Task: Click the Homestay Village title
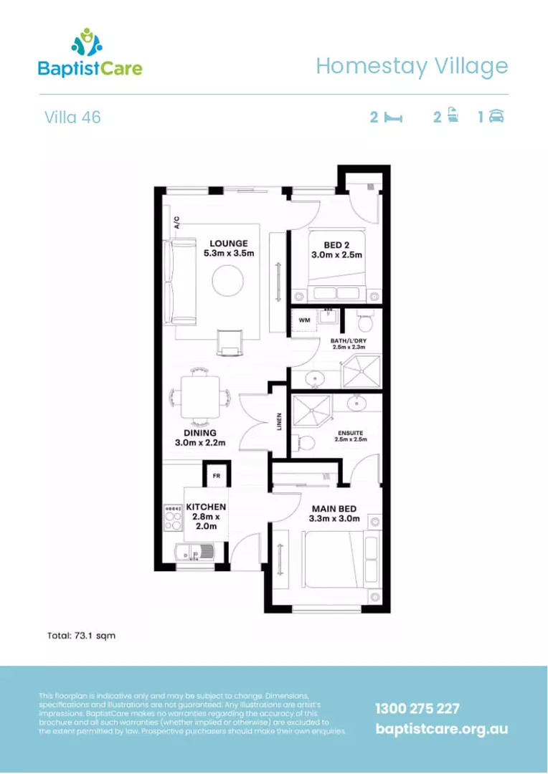coord(412,66)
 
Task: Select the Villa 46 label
coord(72,117)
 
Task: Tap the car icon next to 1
coord(496,117)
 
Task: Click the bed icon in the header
coord(392,118)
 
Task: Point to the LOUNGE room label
coord(229,244)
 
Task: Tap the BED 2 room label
coord(336,244)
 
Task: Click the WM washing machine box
coord(304,320)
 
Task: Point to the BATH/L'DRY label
coord(350,342)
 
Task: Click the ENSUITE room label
coord(351,434)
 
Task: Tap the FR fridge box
coord(216,475)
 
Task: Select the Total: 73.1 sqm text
coord(81,635)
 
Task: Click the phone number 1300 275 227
coord(417,709)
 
